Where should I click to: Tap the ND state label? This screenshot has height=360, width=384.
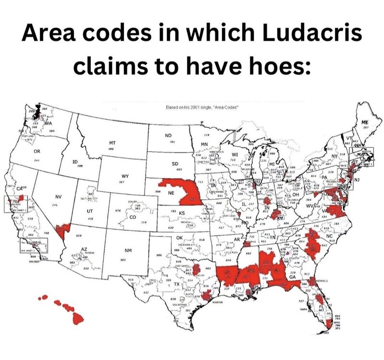168,136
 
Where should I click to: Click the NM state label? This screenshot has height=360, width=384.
128,251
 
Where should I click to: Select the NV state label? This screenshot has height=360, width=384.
59,197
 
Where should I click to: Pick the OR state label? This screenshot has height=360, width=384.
37,152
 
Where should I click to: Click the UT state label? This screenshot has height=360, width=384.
89,211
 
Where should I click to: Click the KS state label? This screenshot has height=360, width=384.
182,212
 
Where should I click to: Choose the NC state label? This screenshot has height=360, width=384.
329,237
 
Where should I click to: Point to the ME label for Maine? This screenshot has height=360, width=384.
366,123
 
